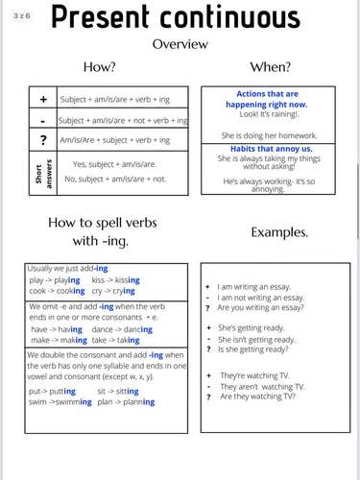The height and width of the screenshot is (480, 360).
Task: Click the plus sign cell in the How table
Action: coord(42,99)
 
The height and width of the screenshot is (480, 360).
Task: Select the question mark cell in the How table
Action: coord(42,140)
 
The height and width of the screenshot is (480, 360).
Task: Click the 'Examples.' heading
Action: coord(278,233)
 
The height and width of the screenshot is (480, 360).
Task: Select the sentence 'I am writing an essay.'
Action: coord(261,286)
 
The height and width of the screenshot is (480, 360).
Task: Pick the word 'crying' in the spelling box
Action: coord(124,291)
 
